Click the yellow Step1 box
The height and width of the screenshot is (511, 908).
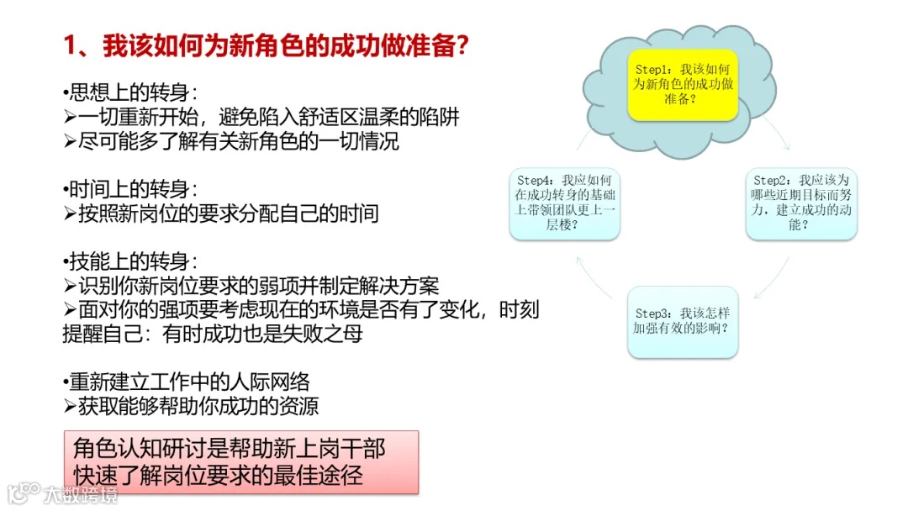pyautogui.click(x=682, y=84)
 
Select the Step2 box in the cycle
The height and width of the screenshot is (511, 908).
pyautogui.click(x=801, y=203)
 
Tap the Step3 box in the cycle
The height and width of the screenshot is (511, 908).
pyautogui.click(x=682, y=321)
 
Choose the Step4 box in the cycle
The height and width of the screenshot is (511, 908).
pyautogui.click(x=565, y=203)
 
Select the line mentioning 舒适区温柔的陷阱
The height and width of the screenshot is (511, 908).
pyautogui.click(x=261, y=117)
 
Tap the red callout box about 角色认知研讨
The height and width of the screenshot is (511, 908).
pyautogui.click(x=241, y=462)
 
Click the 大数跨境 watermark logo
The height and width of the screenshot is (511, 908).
pyautogui.click(x=63, y=493)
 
